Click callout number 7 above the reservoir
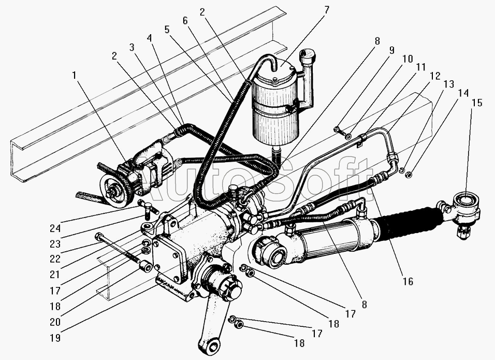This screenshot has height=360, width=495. click(x=326, y=10)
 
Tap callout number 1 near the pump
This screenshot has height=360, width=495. click(x=74, y=76)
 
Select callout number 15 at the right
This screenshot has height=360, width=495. click(x=477, y=103)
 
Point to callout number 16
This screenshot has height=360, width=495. click(x=408, y=281)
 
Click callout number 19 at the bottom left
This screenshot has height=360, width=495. click(x=55, y=338)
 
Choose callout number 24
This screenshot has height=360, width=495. click(x=55, y=228)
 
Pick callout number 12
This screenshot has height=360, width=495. click(x=435, y=76)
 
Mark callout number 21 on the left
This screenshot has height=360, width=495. click(x=55, y=275)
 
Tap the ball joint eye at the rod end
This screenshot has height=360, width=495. click(x=466, y=202)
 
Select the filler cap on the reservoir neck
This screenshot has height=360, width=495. click(x=306, y=55)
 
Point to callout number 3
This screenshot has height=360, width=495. click(x=132, y=47)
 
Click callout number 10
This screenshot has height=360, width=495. click(x=407, y=59)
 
